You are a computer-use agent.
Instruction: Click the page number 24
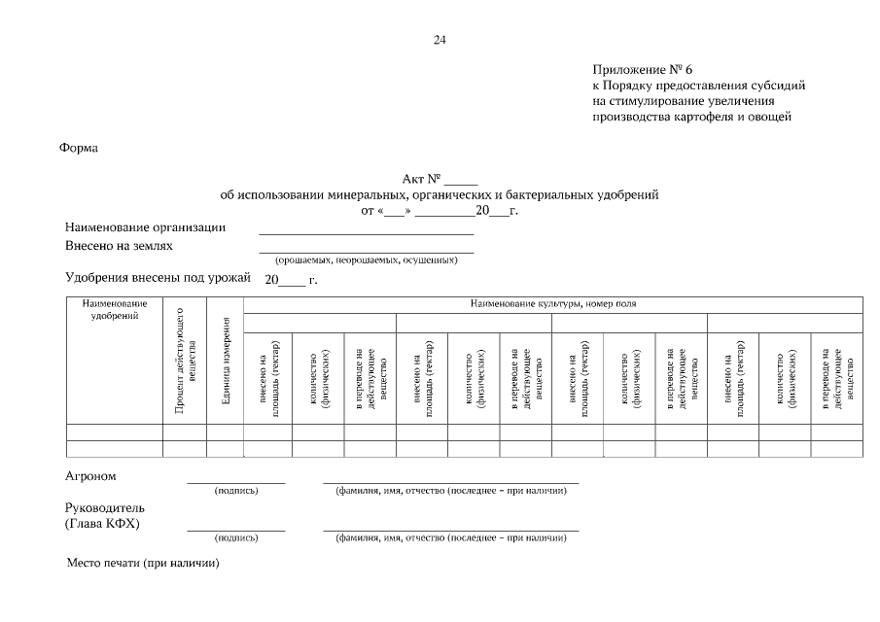pyautogui.click(x=440, y=40)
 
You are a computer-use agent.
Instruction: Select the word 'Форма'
pyautogui.click(x=79, y=149)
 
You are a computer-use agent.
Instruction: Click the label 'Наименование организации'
pyautogui.click(x=145, y=227)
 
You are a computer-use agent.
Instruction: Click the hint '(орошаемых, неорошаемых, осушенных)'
pyautogui.click(x=367, y=260)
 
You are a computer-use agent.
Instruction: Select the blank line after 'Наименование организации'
pyautogui.click(x=367, y=233)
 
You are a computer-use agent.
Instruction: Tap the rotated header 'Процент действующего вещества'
pyautogui.click(x=185, y=364)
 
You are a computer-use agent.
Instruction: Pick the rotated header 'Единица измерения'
pyautogui.click(x=225, y=374)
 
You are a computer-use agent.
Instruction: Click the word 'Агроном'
pyautogui.click(x=90, y=477)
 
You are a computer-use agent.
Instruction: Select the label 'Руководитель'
pyautogui.click(x=104, y=508)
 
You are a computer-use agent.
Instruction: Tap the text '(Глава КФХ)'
pyautogui.click(x=101, y=524)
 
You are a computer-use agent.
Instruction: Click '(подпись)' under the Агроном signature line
pyautogui.click(x=236, y=491)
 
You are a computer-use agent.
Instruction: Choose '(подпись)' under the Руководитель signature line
pyautogui.click(x=236, y=537)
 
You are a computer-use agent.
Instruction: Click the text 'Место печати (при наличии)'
pyautogui.click(x=143, y=564)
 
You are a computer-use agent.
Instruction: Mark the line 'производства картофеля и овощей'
pyautogui.click(x=692, y=118)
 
